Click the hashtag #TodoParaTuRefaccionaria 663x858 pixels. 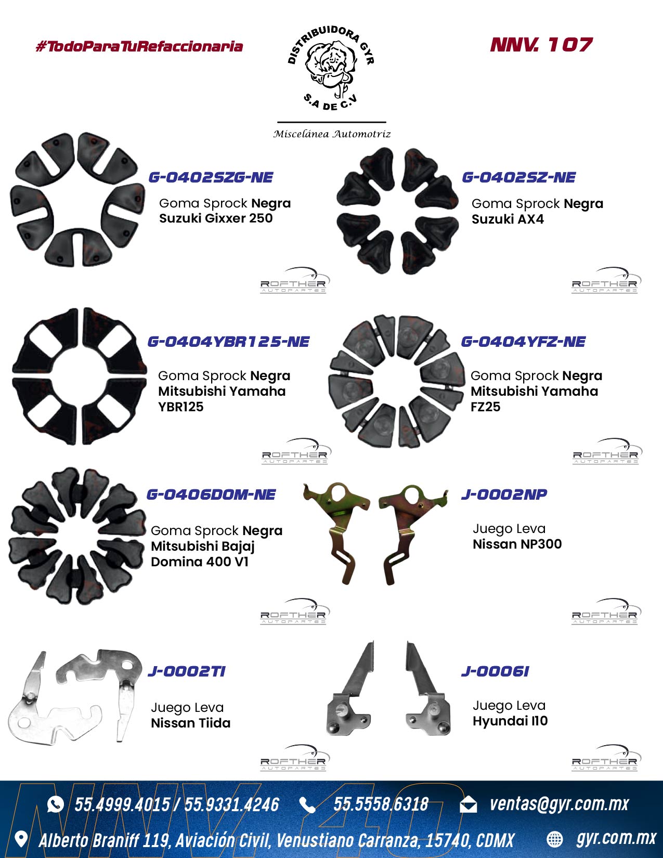[x=139, y=46]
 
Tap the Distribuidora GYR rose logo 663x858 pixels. [x=331, y=68]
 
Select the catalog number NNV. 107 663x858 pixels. [x=541, y=45]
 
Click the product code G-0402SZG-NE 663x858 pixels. [x=211, y=177]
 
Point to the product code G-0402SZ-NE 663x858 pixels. [x=519, y=177]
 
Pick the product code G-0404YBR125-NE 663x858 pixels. [x=228, y=342]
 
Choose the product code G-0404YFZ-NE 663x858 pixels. [x=523, y=342]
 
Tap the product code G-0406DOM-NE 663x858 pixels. [x=211, y=495]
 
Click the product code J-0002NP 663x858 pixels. [x=504, y=495]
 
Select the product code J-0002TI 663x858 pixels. [x=186, y=671]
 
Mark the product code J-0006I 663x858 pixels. [x=495, y=671]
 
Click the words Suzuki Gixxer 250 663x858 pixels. [x=216, y=218]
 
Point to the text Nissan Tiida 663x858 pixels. [x=190, y=723]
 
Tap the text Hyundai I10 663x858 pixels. [x=510, y=721]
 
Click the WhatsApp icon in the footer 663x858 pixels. [x=55, y=804]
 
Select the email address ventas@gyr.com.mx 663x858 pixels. [x=559, y=804]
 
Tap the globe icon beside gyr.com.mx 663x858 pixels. [x=554, y=839]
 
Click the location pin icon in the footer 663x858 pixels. [x=21, y=839]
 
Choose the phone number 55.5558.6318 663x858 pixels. [x=381, y=804]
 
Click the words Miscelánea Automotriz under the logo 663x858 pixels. [x=332, y=134]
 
